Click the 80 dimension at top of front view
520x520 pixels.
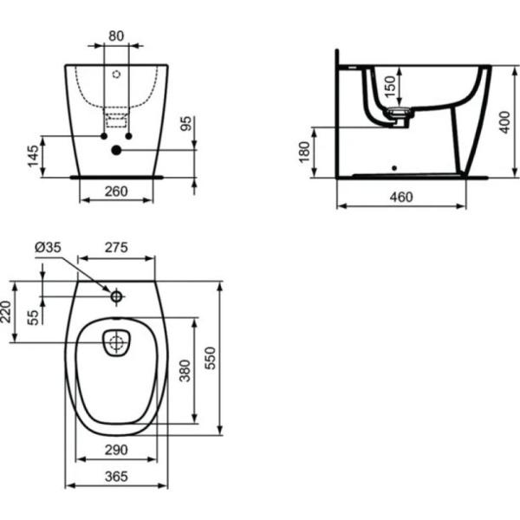point(116,37)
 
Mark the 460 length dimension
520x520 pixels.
point(400,197)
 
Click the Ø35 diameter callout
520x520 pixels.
point(48,248)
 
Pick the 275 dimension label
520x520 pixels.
point(116,248)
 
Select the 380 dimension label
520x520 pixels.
point(184,371)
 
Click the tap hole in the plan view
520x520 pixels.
point(115,296)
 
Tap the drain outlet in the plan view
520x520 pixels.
point(115,342)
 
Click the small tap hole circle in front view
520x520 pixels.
point(116,73)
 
